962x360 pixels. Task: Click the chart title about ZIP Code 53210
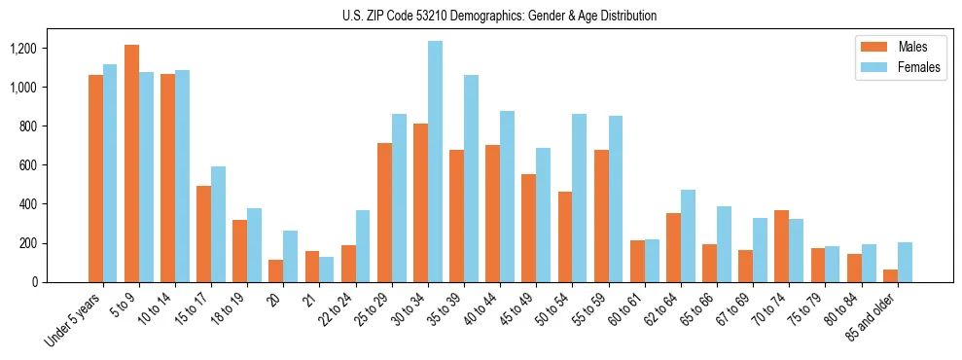click(x=499, y=16)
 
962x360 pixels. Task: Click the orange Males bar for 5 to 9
click(x=131, y=163)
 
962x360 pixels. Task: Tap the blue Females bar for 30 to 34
click(x=435, y=162)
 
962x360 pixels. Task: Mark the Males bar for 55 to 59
click(x=601, y=216)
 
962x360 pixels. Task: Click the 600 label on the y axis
click(x=55, y=165)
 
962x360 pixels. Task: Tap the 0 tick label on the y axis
click(x=62, y=282)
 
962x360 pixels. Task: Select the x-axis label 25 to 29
click(x=370, y=309)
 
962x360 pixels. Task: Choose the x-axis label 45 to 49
click(x=514, y=309)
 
